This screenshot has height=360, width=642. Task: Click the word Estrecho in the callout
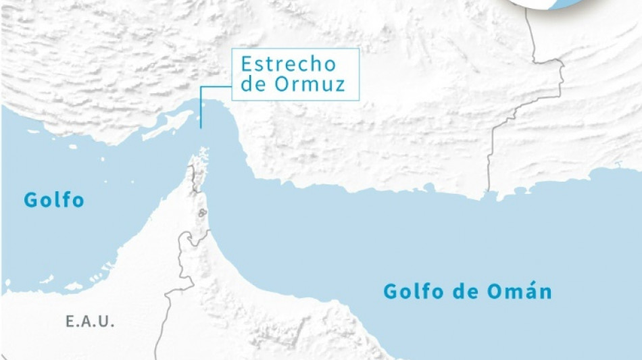click(x=288, y=65)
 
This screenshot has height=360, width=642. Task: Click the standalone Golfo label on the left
click(x=54, y=200)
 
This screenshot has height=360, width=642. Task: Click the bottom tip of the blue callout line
click(x=201, y=126)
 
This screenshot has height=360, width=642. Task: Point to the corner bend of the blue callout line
click(x=201, y=86)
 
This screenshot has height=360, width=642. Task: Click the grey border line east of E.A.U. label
click(x=177, y=290)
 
